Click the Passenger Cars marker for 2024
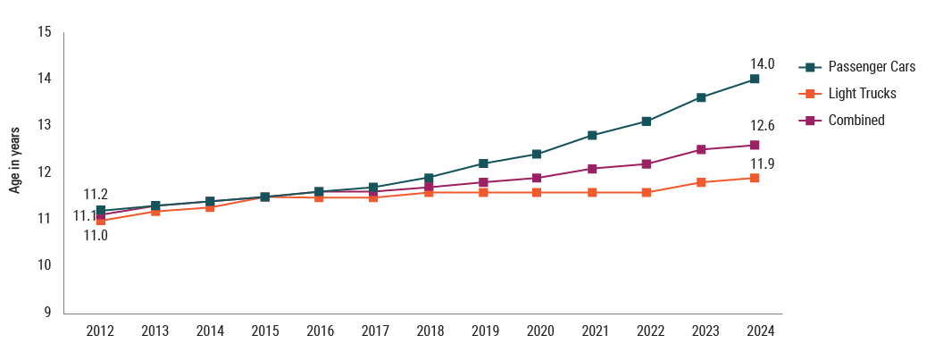click(755, 80)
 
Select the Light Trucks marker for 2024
click(755, 178)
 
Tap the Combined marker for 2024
click(755, 145)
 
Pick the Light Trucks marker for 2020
click(537, 192)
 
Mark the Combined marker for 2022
click(646, 163)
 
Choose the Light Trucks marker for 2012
click(100, 220)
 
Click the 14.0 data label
click(762, 64)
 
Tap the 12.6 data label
click(762, 126)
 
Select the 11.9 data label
click(762, 163)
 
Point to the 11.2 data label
click(96, 195)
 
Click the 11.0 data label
click(96, 236)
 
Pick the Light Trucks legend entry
click(862, 93)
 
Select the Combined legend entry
click(856, 120)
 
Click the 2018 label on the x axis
click(430, 331)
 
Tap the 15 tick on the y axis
click(45, 33)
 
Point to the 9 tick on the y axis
click(48, 312)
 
